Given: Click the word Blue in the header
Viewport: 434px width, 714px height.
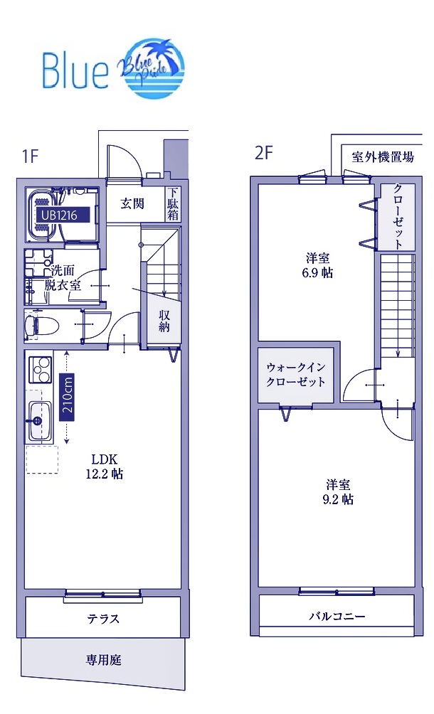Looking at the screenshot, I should [75, 68].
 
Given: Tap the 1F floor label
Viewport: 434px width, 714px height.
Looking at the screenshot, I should [30, 155].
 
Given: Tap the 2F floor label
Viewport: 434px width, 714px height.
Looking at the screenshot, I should [264, 153].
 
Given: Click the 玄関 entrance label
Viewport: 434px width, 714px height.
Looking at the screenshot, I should [132, 204].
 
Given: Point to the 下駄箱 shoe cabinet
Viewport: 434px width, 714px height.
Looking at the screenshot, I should [173, 205].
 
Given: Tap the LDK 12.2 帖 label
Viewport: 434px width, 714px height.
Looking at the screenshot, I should [103, 466].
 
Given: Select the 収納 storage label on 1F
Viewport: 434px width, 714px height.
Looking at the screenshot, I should [164, 321].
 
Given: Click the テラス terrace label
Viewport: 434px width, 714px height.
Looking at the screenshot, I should [104, 619].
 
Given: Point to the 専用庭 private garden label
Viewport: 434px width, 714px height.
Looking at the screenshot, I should [104, 660].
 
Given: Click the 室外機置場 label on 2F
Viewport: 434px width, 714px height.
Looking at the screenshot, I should [383, 157].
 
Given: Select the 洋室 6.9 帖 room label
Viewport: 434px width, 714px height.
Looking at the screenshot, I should [318, 265].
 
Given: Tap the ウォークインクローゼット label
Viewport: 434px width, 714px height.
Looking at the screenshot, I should [296, 374].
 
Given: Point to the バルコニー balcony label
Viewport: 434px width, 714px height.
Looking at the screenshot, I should [337, 616].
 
